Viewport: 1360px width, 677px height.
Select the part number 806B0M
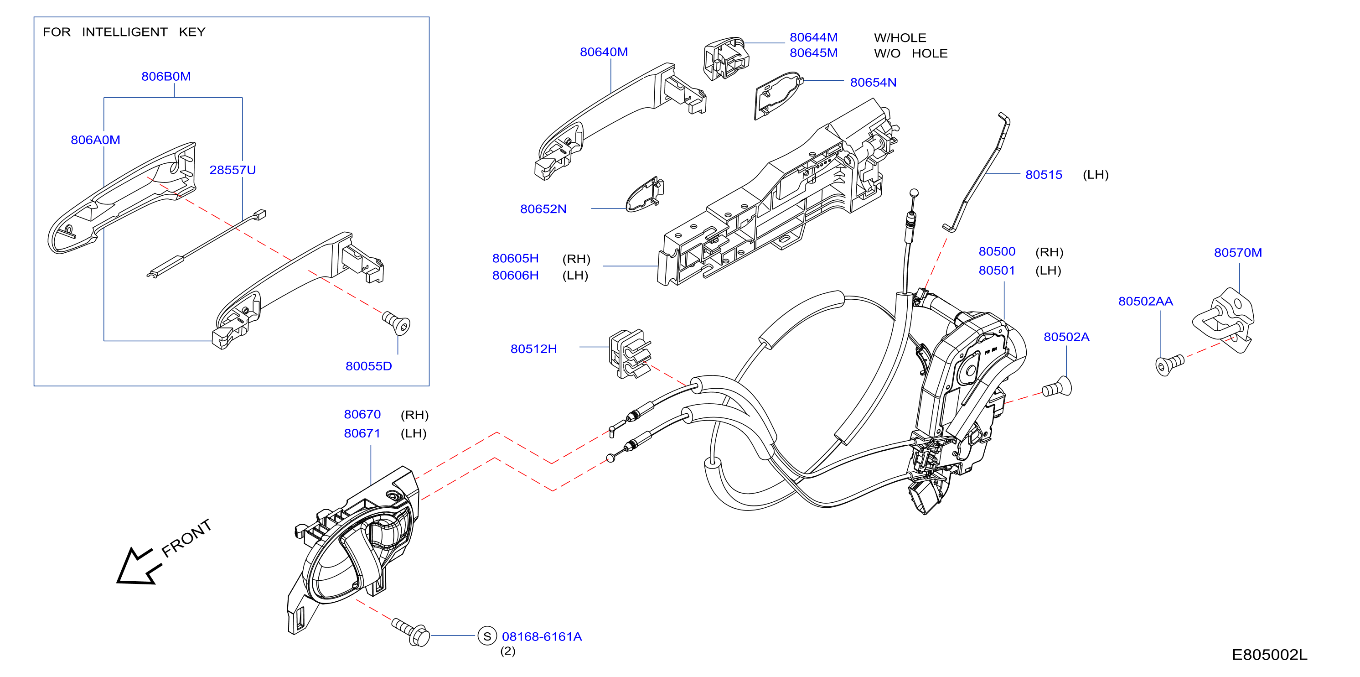pos(166,76)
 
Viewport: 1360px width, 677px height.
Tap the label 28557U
pos(233,170)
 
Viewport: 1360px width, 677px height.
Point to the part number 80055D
pos(368,366)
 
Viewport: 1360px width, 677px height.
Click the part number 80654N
pos(873,83)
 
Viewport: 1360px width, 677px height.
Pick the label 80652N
pos(543,208)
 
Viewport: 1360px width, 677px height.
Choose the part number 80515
pos(1044,174)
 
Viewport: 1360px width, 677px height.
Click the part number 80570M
pos(1238,252)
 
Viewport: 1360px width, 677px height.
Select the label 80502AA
pos(1146,301)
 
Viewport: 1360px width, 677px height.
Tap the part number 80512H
pos(533,349)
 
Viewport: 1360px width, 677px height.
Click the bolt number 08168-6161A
pos(542,636)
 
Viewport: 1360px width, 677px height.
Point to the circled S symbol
pos(487,636)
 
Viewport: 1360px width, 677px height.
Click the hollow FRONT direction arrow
pos(138,567)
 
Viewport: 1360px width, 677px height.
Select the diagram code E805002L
pos(1270,655)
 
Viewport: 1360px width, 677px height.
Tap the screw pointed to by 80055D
pos(396,323)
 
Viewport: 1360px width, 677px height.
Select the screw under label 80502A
pos(1057,387)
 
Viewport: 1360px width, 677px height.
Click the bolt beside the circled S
pos(411,631)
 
